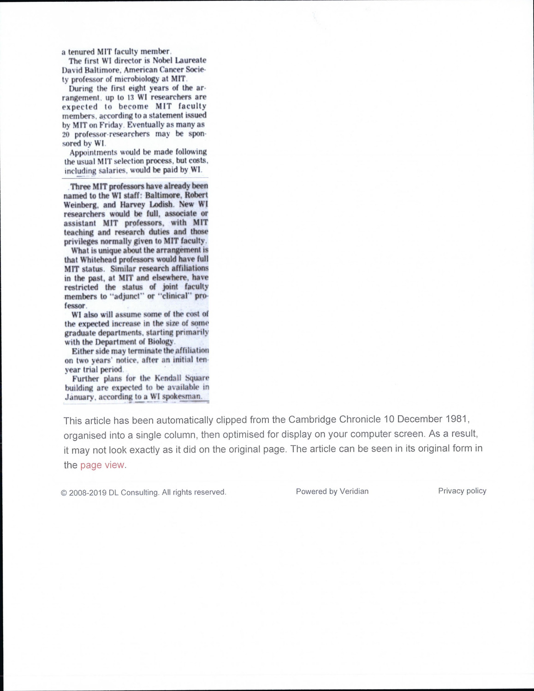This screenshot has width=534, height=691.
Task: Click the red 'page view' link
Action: point(102,465)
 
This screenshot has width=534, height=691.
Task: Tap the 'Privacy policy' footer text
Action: point(462,491)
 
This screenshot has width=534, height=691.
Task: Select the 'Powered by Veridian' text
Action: point(332,491)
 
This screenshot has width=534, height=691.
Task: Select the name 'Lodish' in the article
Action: point(161,204)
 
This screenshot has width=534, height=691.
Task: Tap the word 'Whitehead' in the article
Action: point(97,259)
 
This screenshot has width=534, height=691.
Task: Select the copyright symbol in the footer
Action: point(64,492)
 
